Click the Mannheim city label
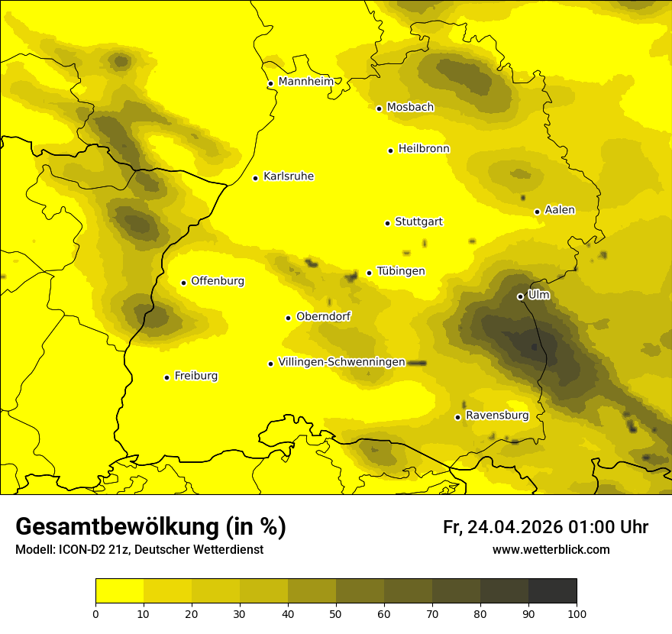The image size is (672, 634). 305,82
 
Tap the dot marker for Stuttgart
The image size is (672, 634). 387,223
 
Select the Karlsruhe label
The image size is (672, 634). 288,176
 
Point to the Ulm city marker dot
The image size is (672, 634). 520,296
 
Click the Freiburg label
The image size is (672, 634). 195,376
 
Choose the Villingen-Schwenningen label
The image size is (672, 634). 341,362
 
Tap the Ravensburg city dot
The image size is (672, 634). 457,417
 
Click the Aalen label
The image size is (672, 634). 560,210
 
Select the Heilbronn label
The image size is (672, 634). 424,149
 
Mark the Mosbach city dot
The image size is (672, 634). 379,108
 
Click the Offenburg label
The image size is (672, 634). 218,281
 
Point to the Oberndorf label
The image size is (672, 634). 323,316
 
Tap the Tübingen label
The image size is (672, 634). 401,271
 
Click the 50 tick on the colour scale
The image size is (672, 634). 336,613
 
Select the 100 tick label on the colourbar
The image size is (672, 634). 577,613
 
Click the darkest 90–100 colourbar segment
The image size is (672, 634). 552,591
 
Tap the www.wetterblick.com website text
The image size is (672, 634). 551,550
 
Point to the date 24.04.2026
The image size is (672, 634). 514,527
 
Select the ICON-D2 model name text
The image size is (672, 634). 80,550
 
